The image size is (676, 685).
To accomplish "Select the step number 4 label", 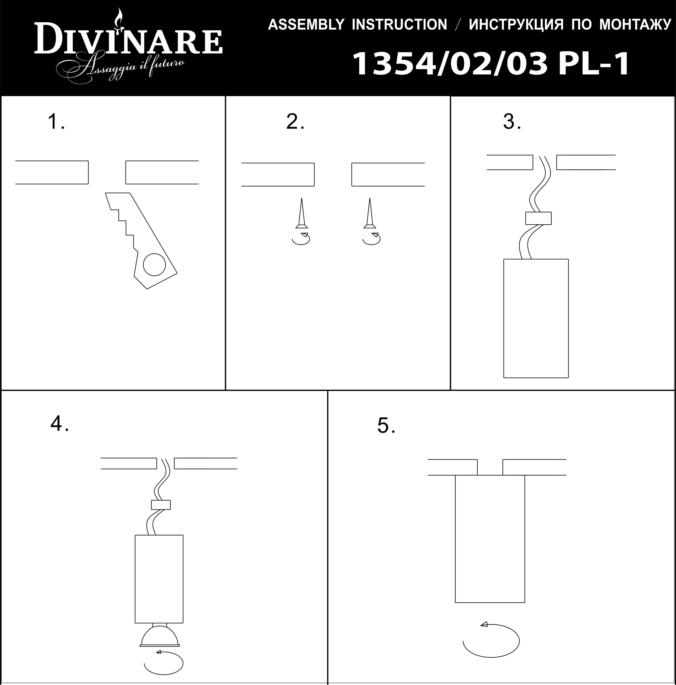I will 59,423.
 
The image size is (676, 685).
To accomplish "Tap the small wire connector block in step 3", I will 538,218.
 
